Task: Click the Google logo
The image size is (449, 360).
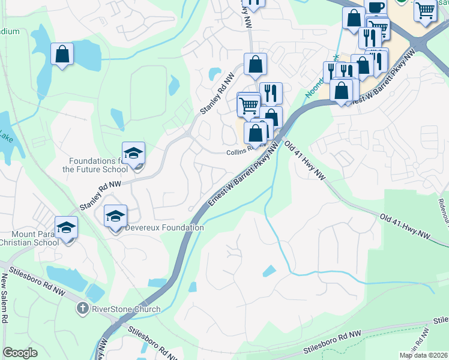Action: click(20, 353)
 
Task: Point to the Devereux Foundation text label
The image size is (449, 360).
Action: click(164, 228)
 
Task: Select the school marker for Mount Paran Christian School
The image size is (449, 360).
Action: click(66, 228)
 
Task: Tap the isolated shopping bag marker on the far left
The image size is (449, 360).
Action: click(62, 55)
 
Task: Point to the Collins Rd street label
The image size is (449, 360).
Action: click(238, 152)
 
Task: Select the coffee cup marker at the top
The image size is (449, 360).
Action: click(375, 8)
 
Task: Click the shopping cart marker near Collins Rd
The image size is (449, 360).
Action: click(249, 106)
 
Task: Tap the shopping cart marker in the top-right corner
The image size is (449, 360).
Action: click(426, 10)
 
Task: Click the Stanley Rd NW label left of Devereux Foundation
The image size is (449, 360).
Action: click(100, 195)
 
